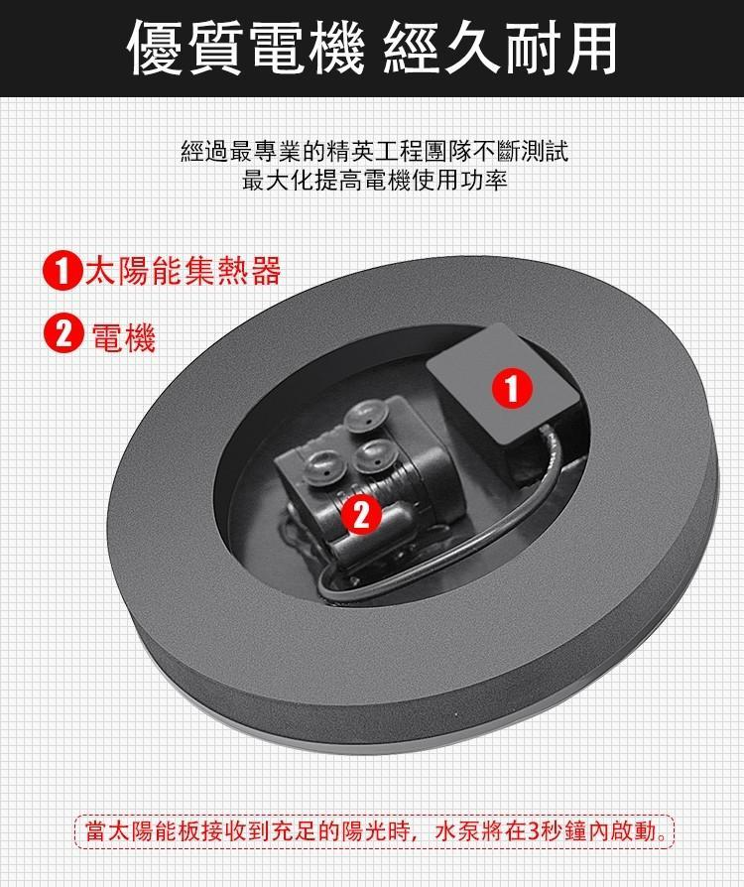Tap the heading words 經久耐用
500,47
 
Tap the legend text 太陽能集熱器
184,271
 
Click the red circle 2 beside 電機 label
62,335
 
